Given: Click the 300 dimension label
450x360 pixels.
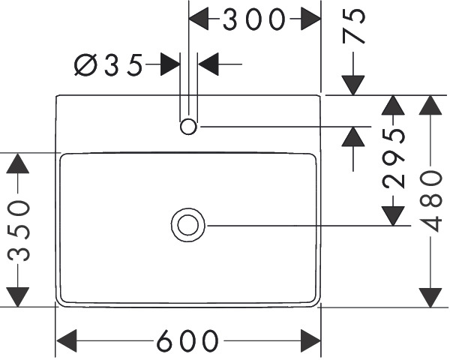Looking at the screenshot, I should click(x=254, y=19).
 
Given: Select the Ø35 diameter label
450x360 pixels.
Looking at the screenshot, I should click(x=108, y=66).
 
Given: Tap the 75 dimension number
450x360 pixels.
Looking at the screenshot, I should click(x=355, y=27).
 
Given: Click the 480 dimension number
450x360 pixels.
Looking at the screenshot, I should click(x=430, y=202).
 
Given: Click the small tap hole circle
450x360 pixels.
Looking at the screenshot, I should click(x=188, y=126).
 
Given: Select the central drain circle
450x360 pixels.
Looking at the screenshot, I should click(x=187, y=225).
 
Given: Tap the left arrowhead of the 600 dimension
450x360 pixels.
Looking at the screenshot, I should click(x=67, y=341).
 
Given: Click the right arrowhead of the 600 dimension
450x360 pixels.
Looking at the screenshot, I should click(x=310, y=341).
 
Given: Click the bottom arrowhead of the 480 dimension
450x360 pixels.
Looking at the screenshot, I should click(x=430, y=296).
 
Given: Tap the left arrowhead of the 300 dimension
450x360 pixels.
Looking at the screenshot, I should click(x=199, y=19).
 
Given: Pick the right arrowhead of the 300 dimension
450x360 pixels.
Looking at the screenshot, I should click(x=310, y=19).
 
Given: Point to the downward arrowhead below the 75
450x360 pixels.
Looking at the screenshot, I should click(x=353, y=85).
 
